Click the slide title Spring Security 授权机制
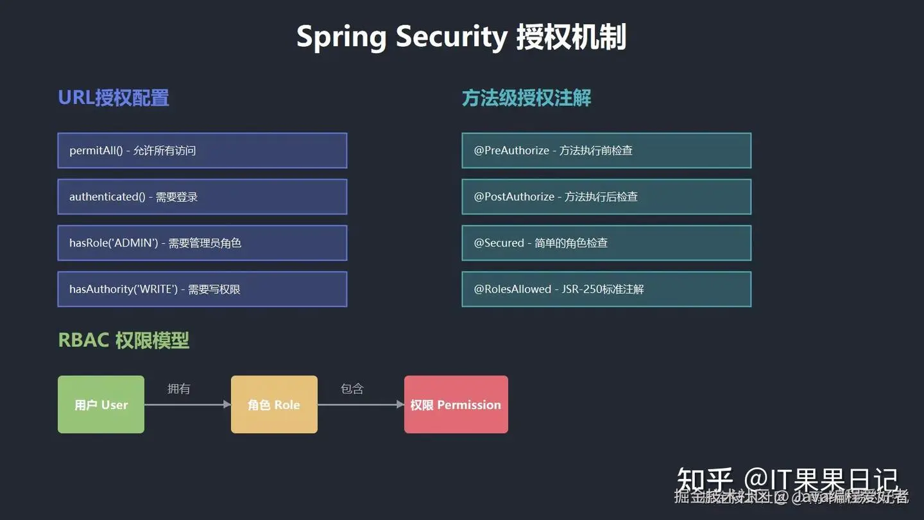[x=461, y=37]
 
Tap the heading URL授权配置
[x=114, y=98]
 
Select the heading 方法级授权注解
[x=526, y=98]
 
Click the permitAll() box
[x=202, y=150]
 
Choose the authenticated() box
[x=202, y=196]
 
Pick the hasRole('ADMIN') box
[x=202, y=243]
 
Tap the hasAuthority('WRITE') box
[x=202, y=289]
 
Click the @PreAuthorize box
[x=606, y=150]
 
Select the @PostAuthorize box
[x=606, y=196]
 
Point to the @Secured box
[x=606, y=243]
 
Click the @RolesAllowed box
[x=606, y=289]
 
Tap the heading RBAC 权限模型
[x=124, y=340]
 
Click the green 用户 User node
[x=101, y=404]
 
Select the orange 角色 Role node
[x=274, y=404]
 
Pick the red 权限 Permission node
[x=456, y=404]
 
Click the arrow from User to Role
[x=187, y=404]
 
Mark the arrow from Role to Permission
[x=361, y=404]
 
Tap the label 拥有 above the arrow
[x=178, y=388]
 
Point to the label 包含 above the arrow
[x=352, y=388]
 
